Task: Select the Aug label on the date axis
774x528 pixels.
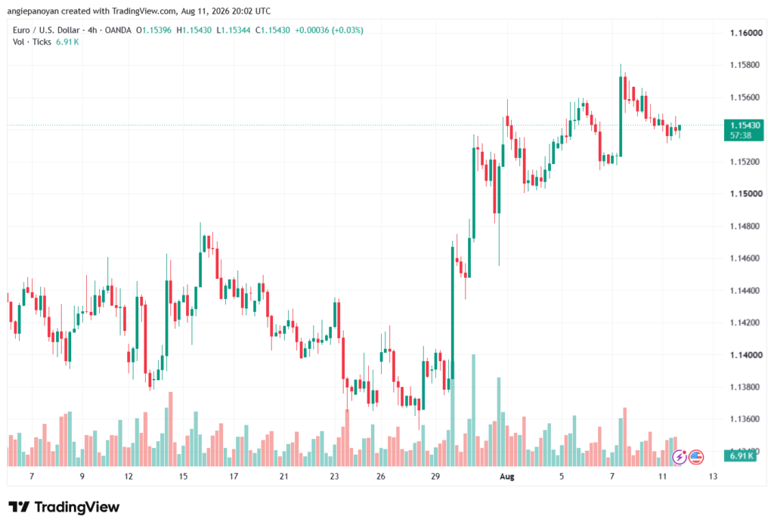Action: click(507, 477)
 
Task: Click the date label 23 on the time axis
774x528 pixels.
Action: click(334, 477)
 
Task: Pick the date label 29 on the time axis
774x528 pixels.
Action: click(435, 477)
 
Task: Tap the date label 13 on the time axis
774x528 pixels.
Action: click(713, 477)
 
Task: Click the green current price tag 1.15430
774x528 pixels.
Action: click(744, 130)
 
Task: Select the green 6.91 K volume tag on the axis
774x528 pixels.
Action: click(740, 455)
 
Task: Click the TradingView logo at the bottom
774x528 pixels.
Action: click(64, 507)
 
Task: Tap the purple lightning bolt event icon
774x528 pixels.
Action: click(680, 457)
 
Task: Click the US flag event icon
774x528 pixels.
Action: click(696, 457)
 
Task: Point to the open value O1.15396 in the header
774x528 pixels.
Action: click(153, 30)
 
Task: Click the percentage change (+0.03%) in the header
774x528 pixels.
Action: click(348, 30)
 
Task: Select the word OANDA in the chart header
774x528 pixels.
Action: click(118, 30)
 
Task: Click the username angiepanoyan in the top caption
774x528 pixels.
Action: click(33, 11)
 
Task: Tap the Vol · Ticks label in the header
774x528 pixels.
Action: click(32, 42)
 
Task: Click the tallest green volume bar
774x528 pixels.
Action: click(473, 410)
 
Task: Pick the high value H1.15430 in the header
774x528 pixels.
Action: click(194, 30)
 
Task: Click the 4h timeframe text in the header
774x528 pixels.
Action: click(92, 30)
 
